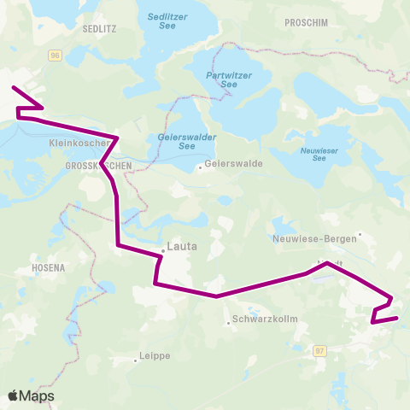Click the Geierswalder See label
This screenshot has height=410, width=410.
[175, 141]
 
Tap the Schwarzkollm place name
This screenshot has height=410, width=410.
[256, 321]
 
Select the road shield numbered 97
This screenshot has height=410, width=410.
[320, 350]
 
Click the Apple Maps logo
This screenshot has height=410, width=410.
[31, 395]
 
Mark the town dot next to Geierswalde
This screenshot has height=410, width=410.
[200, 167]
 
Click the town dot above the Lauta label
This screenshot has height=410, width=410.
[164, 251]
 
